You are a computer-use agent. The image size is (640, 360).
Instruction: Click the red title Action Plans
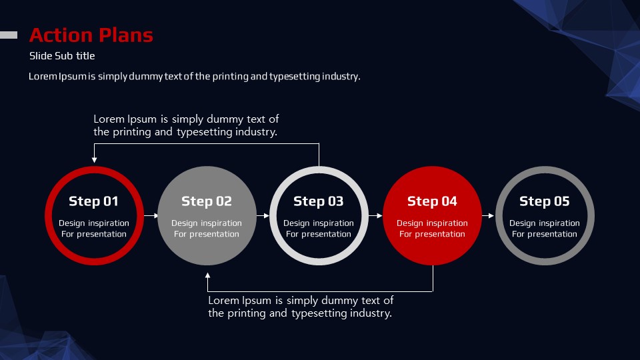91,35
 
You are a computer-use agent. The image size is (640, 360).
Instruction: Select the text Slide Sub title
62,55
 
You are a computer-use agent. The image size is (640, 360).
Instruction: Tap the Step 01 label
93,201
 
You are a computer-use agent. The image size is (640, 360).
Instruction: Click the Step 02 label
207,201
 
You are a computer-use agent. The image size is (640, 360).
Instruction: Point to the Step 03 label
319,201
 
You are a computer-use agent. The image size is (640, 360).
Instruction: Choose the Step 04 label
432,201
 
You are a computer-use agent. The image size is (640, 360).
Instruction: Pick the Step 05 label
545,201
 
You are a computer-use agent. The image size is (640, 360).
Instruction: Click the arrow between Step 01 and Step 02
151,215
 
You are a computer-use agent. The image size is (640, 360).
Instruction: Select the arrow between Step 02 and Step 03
263,215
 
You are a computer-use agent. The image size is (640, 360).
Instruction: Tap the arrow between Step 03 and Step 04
375,215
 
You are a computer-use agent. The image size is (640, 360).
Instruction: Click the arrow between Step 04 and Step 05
488,215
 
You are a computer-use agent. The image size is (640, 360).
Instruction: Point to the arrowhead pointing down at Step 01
94,160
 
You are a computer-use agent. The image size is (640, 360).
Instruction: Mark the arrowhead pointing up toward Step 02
208,276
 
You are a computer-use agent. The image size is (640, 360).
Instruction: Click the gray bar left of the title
9,35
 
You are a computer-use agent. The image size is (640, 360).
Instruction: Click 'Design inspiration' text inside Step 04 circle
432,223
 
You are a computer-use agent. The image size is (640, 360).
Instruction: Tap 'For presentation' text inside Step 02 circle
207,234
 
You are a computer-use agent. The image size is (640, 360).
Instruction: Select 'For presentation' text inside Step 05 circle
545,234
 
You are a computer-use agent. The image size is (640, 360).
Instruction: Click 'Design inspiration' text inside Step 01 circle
94,223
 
